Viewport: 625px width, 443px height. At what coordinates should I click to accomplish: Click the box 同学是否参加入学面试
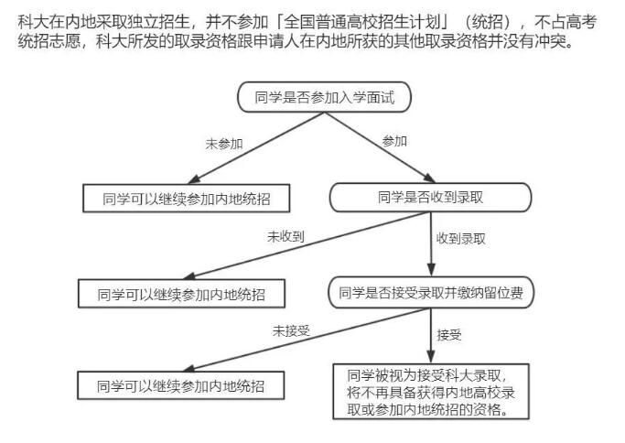click(x=324, y=97)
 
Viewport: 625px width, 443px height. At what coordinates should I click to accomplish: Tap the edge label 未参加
click(x=224, y=144)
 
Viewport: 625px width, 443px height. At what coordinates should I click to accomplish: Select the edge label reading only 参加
click(x=394, y=141)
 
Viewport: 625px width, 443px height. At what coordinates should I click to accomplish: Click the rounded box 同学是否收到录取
click(x=430, y=198)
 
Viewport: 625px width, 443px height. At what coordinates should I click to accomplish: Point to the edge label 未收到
click(x=286, y=237)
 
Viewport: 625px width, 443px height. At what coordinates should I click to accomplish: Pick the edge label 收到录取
click(x=461, y=239)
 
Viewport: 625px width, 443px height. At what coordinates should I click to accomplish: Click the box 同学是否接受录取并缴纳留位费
click(x=431, y=293)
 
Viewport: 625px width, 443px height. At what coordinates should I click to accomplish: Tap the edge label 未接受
click(x=291, y=331)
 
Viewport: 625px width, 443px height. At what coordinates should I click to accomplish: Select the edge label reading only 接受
click(x=449, y=335)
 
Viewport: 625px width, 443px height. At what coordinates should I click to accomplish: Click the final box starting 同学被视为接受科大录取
click(x=431, y=392)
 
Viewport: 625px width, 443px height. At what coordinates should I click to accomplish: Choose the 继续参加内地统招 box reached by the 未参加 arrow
click(x=186, y=199)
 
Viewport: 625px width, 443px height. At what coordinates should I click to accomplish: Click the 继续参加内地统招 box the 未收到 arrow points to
click(x=181, y=294)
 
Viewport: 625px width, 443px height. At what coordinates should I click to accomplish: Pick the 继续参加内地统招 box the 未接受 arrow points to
click(x=180, y=385)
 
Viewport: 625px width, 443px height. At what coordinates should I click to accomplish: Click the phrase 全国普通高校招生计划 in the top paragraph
click(x=362, y=22)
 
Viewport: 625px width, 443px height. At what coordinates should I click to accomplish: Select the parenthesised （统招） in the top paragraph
click(x=488, y=22)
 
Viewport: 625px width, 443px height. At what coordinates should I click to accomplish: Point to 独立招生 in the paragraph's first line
click(x=158, y=22)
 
